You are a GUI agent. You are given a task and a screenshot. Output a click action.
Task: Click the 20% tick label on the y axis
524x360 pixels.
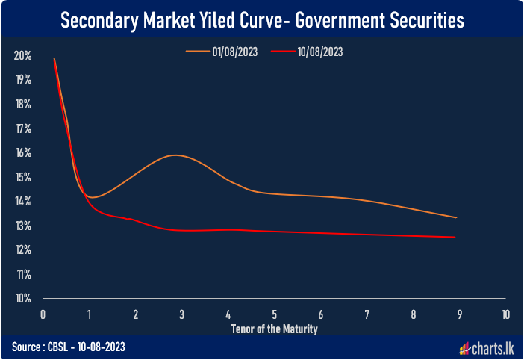(x=22, y=56)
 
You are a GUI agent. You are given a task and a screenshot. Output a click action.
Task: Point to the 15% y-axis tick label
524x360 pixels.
(x=22, y=177)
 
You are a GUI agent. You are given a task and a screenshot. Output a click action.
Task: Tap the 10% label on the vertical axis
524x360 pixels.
(x=22, y=298)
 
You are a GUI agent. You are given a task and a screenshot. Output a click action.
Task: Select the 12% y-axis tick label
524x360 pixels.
(x=22, y=249)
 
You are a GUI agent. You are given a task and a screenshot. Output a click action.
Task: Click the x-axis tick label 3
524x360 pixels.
(x=182, y=314)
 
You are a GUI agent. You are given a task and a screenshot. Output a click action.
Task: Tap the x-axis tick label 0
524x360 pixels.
(x=44, y=314)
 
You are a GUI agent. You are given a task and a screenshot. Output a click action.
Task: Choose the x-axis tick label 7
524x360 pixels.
(x=367, y=314)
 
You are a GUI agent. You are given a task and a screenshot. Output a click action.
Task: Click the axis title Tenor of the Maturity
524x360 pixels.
(x=274, y=329)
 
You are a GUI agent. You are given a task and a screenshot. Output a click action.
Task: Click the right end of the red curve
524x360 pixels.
(x=455, y=238)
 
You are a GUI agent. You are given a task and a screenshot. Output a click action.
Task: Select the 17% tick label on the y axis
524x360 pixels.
(x=22, y=128)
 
